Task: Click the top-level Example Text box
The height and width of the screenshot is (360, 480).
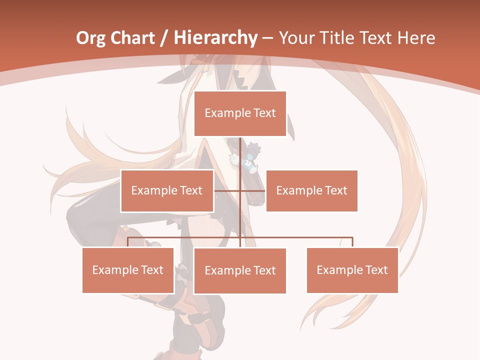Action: point(240,113)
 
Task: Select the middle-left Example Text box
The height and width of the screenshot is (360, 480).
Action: point(167,190)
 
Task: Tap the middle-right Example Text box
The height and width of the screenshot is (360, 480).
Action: point(311,190)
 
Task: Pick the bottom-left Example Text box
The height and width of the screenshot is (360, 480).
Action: point(128,270)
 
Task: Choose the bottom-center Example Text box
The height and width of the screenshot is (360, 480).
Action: point(240,270)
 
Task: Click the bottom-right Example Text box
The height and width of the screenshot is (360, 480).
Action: point(352,270)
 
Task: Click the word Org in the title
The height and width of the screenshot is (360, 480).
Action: point(91,38)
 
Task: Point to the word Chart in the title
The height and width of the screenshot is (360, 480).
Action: point(132,38)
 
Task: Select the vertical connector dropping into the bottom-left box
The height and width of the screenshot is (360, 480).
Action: point(128,242)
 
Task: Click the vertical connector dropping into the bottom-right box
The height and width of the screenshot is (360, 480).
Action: point(352,242)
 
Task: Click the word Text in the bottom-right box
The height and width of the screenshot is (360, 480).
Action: point(375,270)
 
